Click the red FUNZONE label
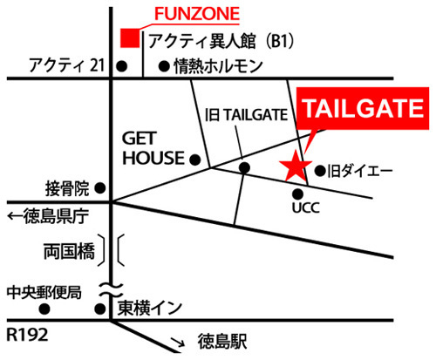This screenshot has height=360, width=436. [197, 14]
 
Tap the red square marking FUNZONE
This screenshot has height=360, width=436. [130, 37]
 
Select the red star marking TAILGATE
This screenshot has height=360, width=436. [296, 166]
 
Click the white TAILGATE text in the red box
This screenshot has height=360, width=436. [364, 108]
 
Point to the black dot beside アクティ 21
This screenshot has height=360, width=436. [122, 66]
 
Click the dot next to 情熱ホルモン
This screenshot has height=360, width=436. [164, 66]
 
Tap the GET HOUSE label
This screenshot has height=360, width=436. [153, 148]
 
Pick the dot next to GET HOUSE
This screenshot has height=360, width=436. [195, 160]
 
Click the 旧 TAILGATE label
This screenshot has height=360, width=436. [246, 115]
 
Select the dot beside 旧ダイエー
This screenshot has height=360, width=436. [320, 171]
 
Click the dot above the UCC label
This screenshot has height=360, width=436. [298, 194]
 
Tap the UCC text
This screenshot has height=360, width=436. [306, 207]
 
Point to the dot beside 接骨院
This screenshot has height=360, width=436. [100, 188]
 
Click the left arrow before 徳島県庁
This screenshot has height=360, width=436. [15, 216]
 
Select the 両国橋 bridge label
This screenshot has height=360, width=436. [69, 251]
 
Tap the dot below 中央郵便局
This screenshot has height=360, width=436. [44, 309]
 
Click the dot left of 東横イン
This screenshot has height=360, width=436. [100, 309]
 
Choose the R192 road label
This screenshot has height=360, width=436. [27, 335]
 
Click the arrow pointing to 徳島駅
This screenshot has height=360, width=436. [178, 342]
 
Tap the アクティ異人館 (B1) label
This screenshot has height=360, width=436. [221, 41]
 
